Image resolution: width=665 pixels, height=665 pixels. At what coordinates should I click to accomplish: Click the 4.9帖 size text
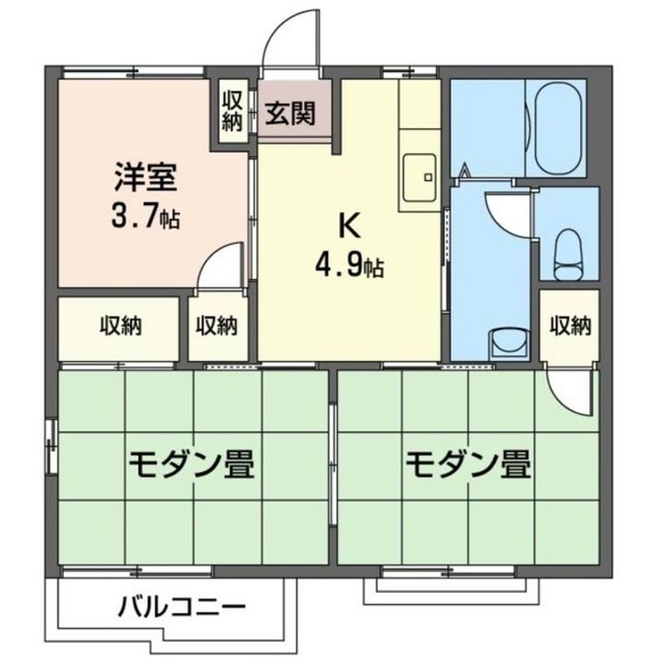348,268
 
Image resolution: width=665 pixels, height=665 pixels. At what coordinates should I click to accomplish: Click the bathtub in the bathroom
555,128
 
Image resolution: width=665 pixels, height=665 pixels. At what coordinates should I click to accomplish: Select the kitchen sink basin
421,171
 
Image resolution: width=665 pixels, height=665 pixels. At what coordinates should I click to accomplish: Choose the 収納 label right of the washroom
569,325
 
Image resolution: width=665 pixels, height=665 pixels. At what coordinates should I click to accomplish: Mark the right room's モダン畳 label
467,462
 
